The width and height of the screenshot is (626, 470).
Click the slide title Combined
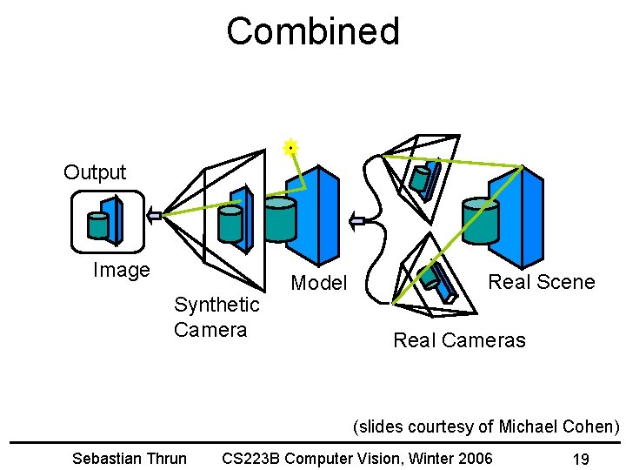coord(313,31)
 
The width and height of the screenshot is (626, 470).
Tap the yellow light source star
coord(291,147)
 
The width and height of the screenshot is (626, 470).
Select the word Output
coord(95,172)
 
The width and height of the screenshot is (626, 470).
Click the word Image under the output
coord(121,271)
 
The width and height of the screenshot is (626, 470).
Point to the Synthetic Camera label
coord(216,317)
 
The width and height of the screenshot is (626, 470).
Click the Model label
coord(318,283)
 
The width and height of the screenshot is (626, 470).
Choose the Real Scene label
coord(541,282)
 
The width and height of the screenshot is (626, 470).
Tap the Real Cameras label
coord(459,340)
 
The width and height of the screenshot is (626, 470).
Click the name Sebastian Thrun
coord(129,458)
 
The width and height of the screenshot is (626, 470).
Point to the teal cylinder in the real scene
coord(481,222)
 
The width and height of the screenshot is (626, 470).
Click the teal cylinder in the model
coord(280,219)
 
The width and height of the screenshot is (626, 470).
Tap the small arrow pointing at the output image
coord(154,216)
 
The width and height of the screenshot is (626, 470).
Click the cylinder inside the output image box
coord(97,225)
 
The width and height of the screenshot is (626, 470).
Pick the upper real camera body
coord(421,178)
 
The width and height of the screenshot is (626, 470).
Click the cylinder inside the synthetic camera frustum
coord(230,223)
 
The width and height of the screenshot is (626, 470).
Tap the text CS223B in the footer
coord(251,459)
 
